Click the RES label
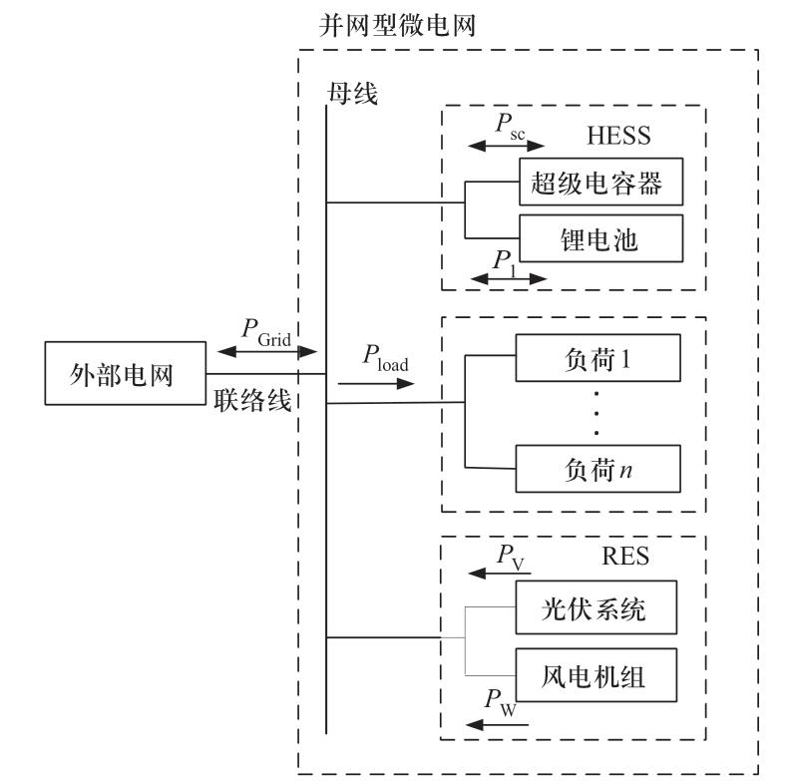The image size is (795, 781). [623, 557]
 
